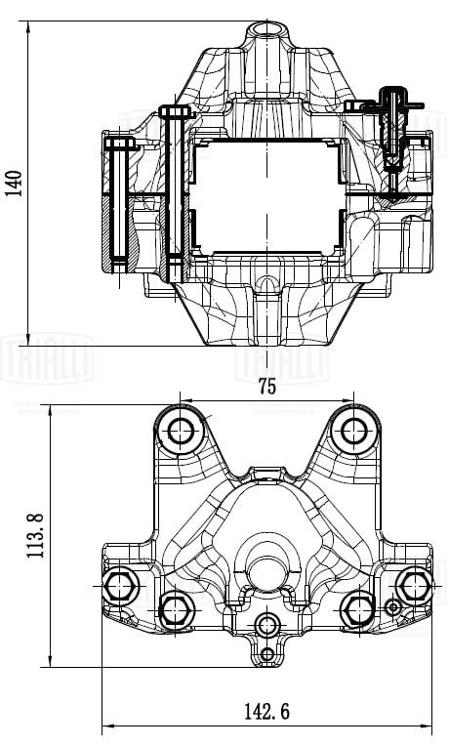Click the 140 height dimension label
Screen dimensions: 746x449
coord(14,183)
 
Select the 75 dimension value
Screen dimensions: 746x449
coord(266,387)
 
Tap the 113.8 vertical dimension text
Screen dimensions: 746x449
coord(36,536)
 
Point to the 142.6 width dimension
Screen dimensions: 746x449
coord(265,712)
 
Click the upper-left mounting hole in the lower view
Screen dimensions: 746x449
coord(182,430)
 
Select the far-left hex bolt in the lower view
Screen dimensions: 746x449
coord(121,586)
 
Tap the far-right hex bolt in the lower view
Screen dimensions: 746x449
coord(414,585)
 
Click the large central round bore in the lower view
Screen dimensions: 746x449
coord(265,572)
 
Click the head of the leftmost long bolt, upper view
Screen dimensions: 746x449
coord(121,144)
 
